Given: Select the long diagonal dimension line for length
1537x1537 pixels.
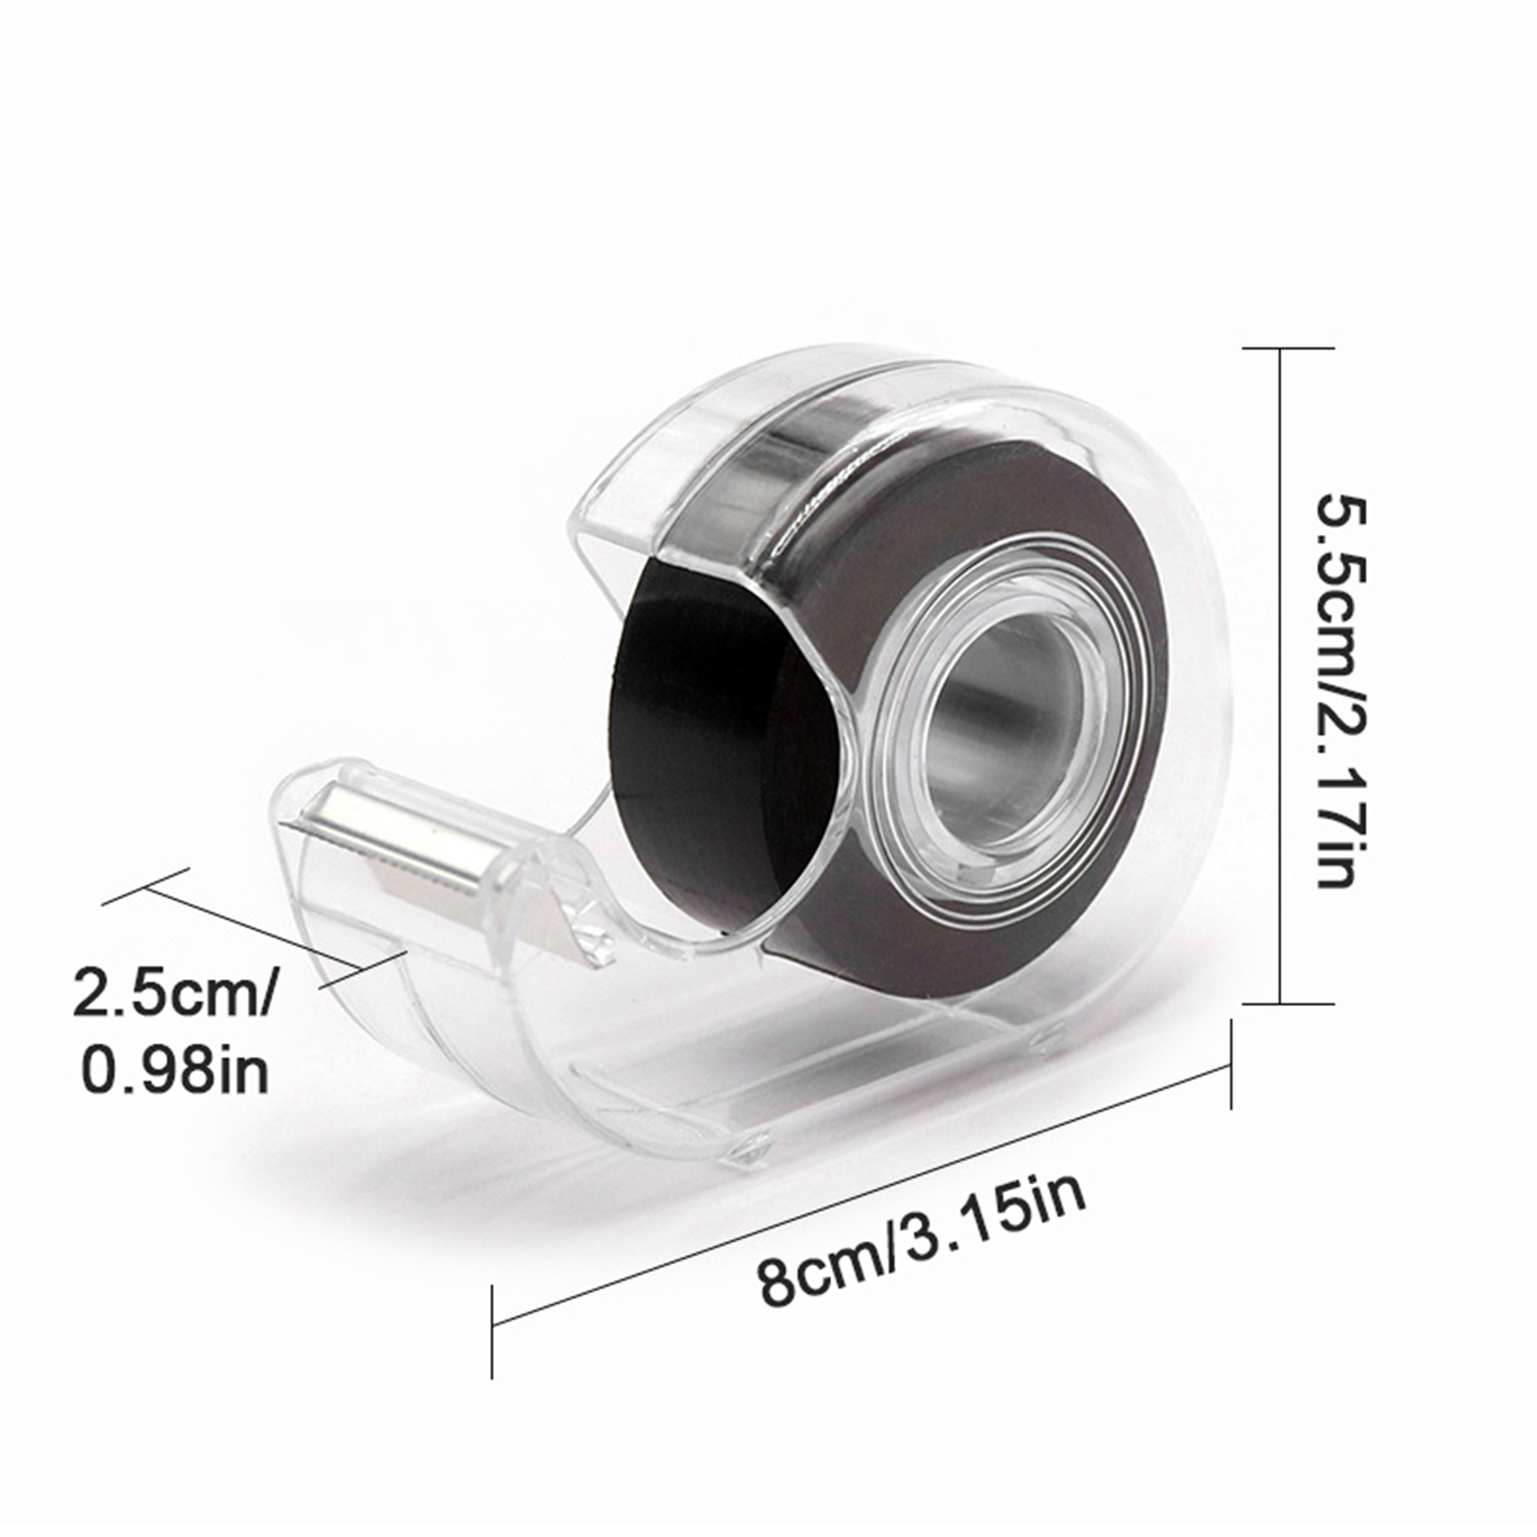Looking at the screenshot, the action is [x=862, y=1196].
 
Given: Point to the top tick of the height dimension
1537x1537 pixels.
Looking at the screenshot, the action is [x=1288, y=348].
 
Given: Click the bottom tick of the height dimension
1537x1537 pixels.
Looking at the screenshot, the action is [x=1288, y=1004].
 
